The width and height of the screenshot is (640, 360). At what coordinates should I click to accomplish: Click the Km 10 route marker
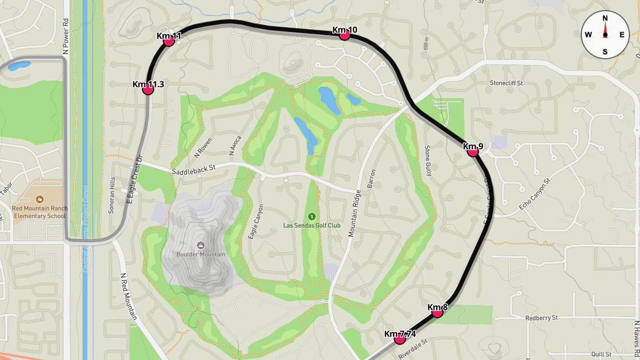[x=345, y=35]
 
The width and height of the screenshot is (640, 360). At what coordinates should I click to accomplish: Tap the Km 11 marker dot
[x=169, y=41]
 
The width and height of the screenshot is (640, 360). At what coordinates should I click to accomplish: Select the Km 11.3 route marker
[x=148, y=89]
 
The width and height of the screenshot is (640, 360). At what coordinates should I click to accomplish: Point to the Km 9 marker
[x=473, y=151]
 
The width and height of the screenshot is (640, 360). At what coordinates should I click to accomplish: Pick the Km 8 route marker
[x=437, y=312]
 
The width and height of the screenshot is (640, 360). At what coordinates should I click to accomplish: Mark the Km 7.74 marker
[x=399, y=339]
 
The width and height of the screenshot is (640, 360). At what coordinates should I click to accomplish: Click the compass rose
[x=605, y=35]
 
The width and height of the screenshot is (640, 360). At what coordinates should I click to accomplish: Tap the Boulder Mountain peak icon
[x=201, y=245]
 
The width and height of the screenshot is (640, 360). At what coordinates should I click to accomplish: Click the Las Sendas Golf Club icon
[x=311, y=216]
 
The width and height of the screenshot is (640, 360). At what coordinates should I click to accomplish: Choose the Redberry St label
[x=541, y=317]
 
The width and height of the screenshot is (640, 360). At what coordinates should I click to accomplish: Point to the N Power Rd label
[x=66, y=37]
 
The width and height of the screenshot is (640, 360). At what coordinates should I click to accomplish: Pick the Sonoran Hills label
[x=112, y=195]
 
